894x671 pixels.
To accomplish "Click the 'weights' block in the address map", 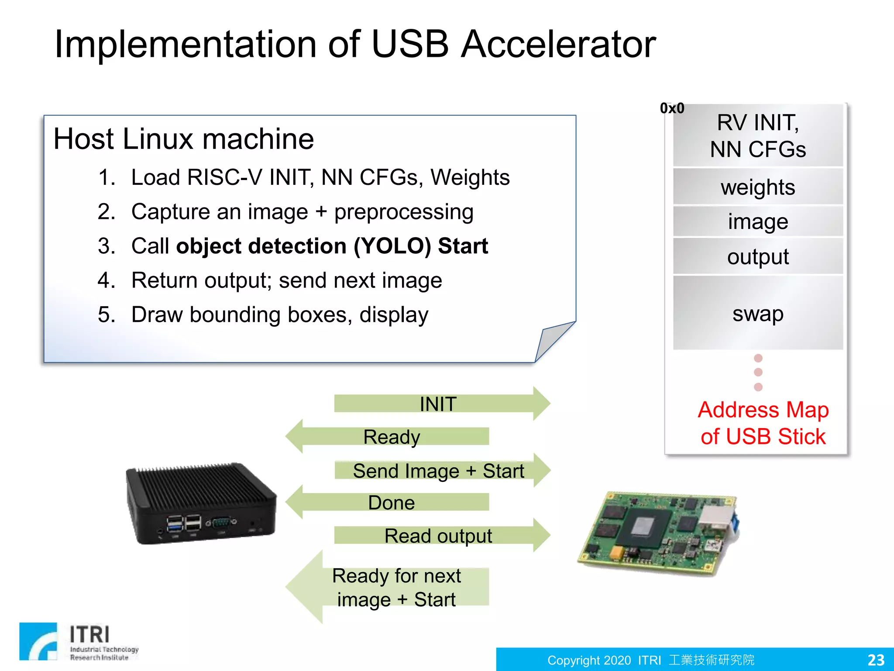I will click(x=758, y=187).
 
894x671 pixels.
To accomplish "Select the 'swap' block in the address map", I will click(x=758, y=313).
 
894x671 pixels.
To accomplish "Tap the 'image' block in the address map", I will click(x=758, y=221).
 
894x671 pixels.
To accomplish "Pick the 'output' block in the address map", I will click(x=758, y=256).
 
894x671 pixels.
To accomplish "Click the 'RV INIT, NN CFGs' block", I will click(x=758, y=135).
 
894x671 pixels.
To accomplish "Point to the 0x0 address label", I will click(x=672, y=108).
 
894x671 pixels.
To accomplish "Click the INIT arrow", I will click(x=441, y=404).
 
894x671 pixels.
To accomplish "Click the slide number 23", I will click(x=875, y=660).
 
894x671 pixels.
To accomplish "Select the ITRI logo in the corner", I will click(x=79, y=641).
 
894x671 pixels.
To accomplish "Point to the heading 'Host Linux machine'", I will click(x=183, y=139).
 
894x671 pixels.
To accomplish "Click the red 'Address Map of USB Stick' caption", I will click(x=763, y=423).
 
